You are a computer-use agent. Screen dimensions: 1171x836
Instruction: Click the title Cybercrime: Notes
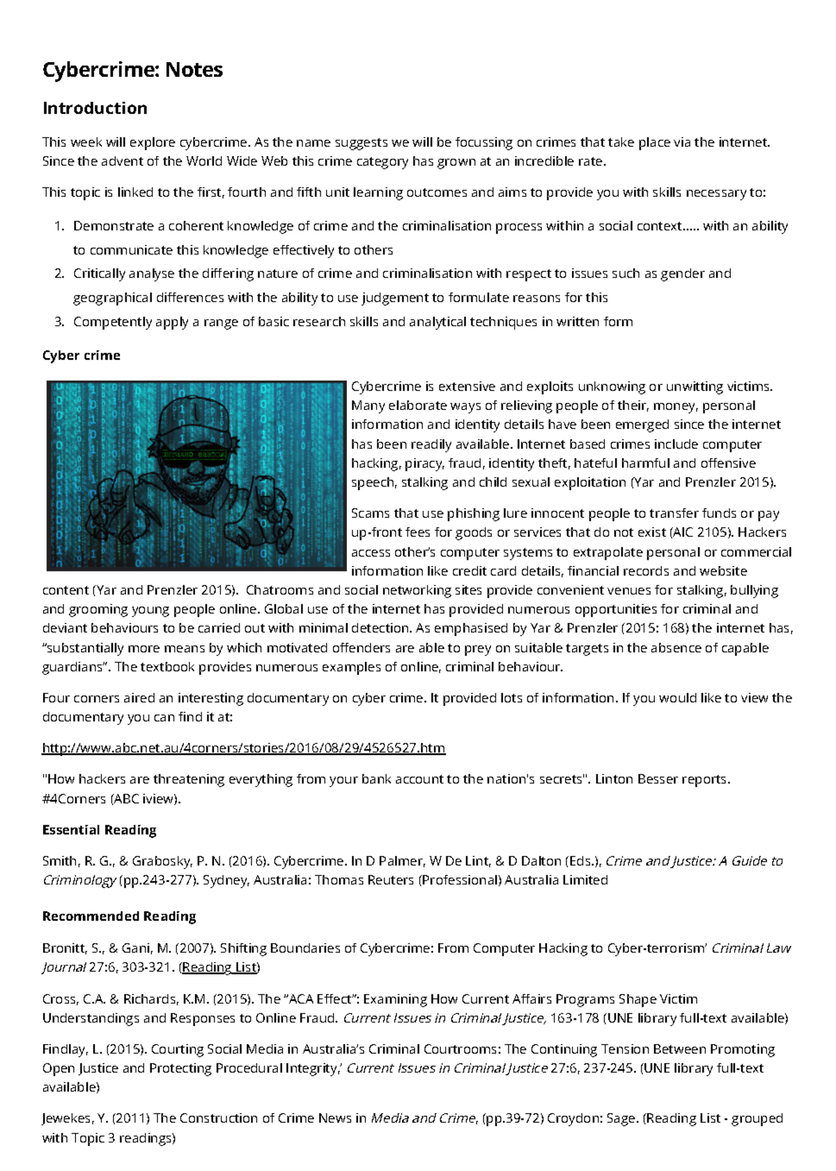pos(132,70)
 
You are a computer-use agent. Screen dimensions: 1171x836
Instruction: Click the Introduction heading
pos(95,108)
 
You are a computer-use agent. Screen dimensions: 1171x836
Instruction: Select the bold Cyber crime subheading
pos(81,355)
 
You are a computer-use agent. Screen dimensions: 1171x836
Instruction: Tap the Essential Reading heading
pos(99,830)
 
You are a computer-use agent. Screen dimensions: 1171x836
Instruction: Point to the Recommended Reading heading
pos(119,917)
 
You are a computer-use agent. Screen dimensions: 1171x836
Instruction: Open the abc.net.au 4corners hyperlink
pos(243,748)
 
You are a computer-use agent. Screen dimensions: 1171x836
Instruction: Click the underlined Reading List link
pos(219,967)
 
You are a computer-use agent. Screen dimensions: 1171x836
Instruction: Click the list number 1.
pos(59,226)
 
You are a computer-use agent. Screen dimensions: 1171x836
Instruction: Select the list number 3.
pos(59,322)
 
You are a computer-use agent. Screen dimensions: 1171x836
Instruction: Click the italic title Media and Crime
pos(424,1119)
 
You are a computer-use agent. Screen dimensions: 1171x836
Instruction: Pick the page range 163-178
pos(575,1018)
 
